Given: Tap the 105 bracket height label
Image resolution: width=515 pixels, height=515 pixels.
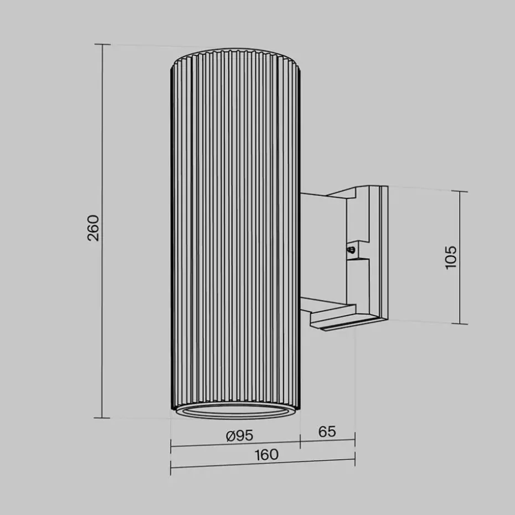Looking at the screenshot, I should (451, 257).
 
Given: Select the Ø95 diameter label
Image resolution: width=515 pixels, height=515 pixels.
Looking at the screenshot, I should (239, 436).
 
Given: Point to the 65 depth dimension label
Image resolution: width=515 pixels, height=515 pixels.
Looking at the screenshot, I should (327, 431).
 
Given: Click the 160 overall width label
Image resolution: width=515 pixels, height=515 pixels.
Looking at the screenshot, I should (266, 455).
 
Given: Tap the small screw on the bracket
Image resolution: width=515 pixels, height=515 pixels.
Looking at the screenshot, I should (351, 250).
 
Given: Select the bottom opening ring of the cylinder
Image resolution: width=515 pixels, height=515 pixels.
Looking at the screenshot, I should (235, 413).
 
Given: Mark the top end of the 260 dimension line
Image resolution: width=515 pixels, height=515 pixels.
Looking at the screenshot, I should (102, 44).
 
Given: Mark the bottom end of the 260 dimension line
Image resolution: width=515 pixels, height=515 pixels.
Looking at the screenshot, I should (102, 418).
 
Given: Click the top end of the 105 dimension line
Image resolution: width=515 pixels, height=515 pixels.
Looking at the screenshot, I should (460, 191).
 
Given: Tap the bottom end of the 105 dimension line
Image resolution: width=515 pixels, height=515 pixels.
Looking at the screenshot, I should (460, 324).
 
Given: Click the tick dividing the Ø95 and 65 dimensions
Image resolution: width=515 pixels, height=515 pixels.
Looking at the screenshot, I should (300, 441).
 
